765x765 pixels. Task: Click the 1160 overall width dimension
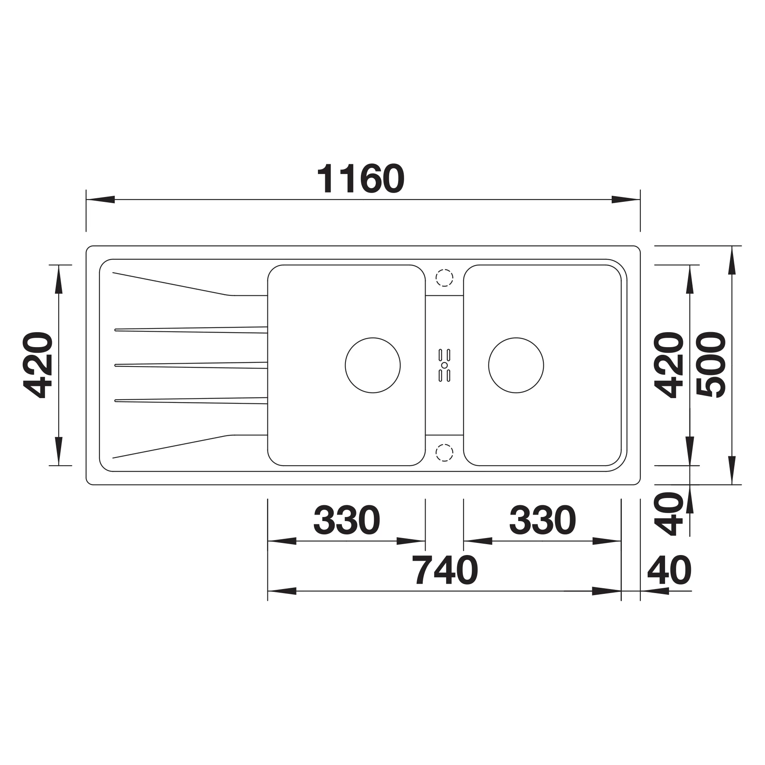click(x=360, y=179)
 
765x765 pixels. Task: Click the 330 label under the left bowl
click(x=347, y=519)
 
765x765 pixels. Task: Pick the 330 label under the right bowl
click(x=542, y=519)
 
